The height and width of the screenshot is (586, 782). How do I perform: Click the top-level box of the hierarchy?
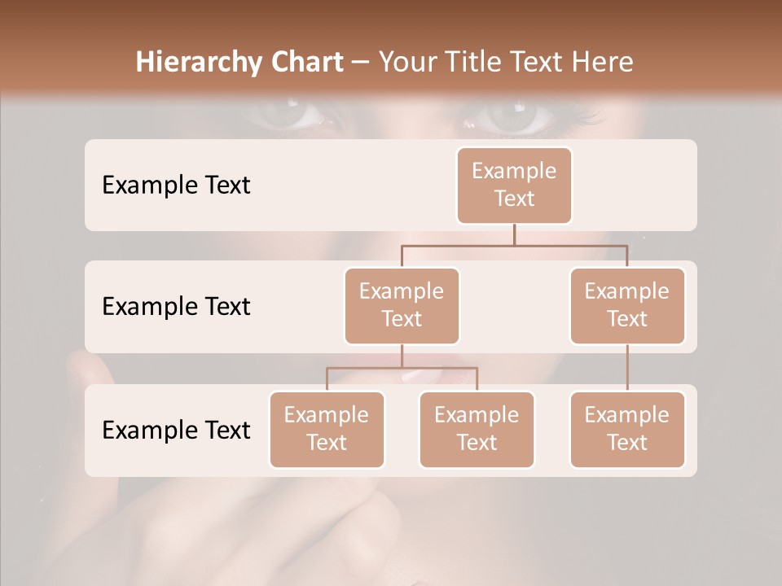514,185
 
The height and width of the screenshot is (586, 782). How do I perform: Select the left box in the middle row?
402,305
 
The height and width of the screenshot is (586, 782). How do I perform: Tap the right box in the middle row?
627,305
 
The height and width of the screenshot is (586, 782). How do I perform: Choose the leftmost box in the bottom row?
327,429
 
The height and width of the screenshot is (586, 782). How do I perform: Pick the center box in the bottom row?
477,429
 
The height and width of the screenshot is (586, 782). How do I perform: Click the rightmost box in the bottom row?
627,429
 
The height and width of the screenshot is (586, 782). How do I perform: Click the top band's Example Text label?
176,186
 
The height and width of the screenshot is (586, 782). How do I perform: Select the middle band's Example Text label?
176,307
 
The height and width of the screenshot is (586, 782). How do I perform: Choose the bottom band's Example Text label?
176,430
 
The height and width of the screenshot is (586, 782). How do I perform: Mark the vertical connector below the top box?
514,234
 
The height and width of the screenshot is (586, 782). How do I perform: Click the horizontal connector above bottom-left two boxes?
402,368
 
